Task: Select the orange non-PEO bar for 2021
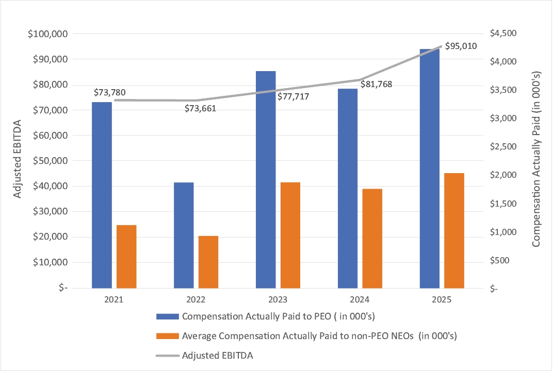[x=126, y=256]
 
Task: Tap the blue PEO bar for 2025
[x=430, y=168]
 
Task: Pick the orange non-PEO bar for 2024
[x=372, y=238]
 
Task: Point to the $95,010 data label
[x=460, y=46]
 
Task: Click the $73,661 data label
[x=201, y=108]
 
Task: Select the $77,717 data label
[x=293, y=96]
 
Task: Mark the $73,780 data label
[x=109, y=92]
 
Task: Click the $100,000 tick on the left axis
[x=50, y=34]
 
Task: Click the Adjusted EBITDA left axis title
[x=17, y=160]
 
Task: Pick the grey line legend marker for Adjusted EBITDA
[x=167, y=356]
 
